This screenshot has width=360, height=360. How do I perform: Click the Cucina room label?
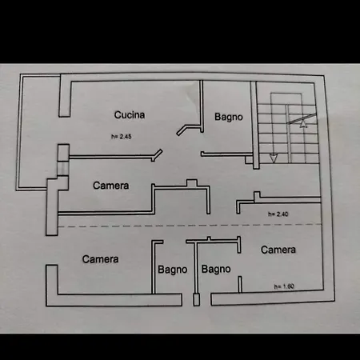pyautogui.click(x=130, y=115)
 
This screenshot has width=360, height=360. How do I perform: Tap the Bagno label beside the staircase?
pyautogui.click(x=229, y=117)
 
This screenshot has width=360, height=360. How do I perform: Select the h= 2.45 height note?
pyautogui.click(x=122, y=137)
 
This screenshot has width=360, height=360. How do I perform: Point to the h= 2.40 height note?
pyautogui.click(x=278, y=214)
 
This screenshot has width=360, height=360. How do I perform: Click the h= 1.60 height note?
pyautogui.click(x=284, y=286)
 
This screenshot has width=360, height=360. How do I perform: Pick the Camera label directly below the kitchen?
pyautogui.click(x=111, y=186)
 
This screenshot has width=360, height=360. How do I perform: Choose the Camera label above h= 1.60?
pyautogui.click(x=278, y=250)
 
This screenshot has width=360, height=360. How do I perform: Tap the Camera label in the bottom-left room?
pyautogui.click(x=100, y=259)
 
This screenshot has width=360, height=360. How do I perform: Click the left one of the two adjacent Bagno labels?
pyautogui.click(x=173, y=270)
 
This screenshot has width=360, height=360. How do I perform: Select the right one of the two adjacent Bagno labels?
pyautogui.click(x=216, y=269)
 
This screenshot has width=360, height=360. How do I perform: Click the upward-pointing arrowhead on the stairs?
pyautogui.click(x=303, y=124)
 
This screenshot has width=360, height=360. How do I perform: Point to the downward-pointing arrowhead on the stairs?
pyautogui.click(x=274, y=158)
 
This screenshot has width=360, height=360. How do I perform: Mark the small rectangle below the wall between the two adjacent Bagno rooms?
pyautogui.click(x=197, y=299)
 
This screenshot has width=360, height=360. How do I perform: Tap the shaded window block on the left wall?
pyautogui.click(x=63, y=168)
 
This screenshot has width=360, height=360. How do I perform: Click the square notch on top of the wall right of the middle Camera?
pyautogui.click(x=192, y=183)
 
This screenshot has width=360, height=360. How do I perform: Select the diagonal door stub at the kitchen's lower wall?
pyautogui.click(x=157, y=155)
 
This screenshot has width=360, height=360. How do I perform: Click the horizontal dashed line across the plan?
pyautogui.click(x=190, y=226)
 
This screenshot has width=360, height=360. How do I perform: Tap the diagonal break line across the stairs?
pyautogui.click(x=302, y=118)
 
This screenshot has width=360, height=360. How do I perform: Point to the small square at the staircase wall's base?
pyautogui.click(x=249, y=160)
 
